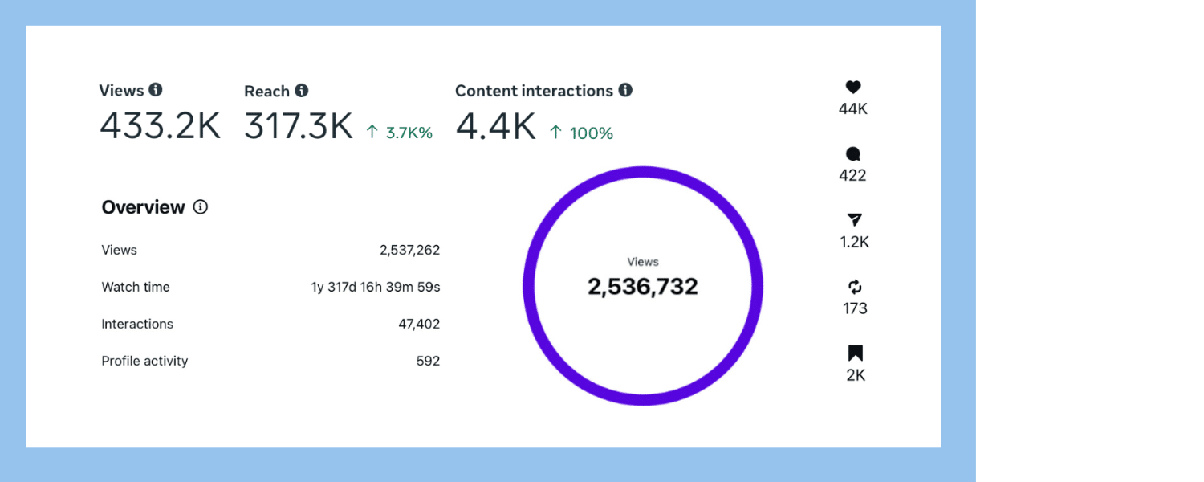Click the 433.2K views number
(x=160, y=126)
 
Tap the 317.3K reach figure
(x=299, y=126)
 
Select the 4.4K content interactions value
(x=495, y=126)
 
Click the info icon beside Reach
(x=301, y=91)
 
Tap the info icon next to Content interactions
(x=625, y=90)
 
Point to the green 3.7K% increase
(x=400, y=133)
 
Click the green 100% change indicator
(x=583, y=133)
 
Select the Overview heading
(x=143, y=207)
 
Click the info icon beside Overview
(x=201, y=207)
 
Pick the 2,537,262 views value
(x=409, y=250)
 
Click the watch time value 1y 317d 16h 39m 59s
(x=376, y=287)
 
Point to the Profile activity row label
(x=144, y=361)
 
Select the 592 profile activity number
(x=428, y=361)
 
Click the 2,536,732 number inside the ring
(x=643, y=287)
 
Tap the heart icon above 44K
(x=853, y=88)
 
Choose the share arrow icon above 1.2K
(x=855, y=220)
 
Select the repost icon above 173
(x=855, y=287)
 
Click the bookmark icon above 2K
(x=856, y=353)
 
